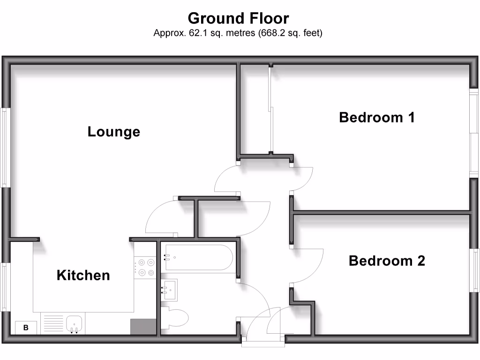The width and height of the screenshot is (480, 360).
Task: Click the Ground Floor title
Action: click(238, 18)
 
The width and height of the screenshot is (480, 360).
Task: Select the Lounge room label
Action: click(114, 132)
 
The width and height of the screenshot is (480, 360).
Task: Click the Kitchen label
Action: click(83, 275)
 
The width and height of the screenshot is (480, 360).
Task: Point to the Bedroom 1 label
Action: click(377, 117)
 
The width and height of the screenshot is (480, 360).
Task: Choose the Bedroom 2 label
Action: click(387, 261)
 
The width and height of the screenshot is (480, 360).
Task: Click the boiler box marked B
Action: click(26, 328)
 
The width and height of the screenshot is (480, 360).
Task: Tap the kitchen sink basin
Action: click(75, 324)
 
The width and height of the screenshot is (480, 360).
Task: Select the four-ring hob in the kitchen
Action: click(145, 268)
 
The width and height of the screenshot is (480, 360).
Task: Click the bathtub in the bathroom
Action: click(197, 257)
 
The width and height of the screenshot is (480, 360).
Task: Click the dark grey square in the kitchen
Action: click(143, 326)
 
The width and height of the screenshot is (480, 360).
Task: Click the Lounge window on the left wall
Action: click(5, 148)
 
